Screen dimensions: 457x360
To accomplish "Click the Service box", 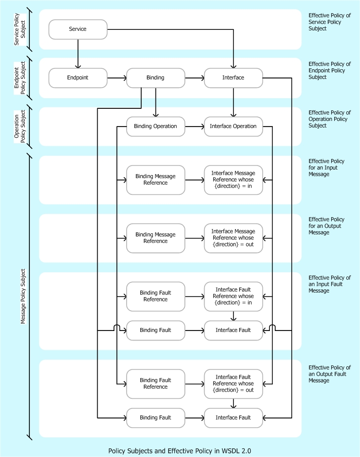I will coord(77,29).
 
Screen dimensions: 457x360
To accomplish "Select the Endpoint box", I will coord(77,78).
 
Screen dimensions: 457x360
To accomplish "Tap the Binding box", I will coord(155,78).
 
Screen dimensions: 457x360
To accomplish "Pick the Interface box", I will coord(233,78).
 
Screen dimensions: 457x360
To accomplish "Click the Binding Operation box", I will coord(155,127).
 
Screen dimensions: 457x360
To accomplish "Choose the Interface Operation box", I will coord(233,127).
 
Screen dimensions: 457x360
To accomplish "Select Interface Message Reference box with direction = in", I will coord(233,180).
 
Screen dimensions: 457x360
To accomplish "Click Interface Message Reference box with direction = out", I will coord(233,238).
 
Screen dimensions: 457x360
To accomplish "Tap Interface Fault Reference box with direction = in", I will coord(233,296).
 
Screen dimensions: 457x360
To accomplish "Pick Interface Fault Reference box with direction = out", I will coord(233,384).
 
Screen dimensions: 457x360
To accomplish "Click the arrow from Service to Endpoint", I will coord(78,54).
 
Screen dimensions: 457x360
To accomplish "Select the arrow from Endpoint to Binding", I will coord(116,78).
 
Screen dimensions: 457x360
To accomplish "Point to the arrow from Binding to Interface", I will coord(194,78).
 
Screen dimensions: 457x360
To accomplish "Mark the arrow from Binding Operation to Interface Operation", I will coord(194,127).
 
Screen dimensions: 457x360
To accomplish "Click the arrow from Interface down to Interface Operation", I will coord(233,102).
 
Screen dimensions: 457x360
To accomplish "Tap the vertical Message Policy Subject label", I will coord(23,296).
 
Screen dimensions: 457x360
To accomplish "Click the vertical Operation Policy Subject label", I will coord(20,127).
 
